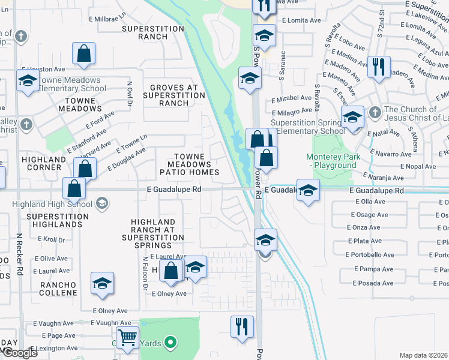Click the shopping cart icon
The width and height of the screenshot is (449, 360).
point(127,338)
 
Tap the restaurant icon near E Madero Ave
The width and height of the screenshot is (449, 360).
point(379,67)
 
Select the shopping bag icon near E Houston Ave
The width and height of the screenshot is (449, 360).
point(84,53)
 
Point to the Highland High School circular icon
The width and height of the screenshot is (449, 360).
point(101,204)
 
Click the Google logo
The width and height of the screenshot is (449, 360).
point(19,352)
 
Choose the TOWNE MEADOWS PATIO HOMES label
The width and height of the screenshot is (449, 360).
point(193,164)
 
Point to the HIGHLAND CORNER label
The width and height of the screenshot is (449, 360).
point(43,163)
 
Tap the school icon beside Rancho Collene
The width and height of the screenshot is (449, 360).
point(102,284)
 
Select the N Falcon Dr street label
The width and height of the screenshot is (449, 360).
point(145,273)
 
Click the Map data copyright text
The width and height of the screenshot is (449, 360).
point(424,355)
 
